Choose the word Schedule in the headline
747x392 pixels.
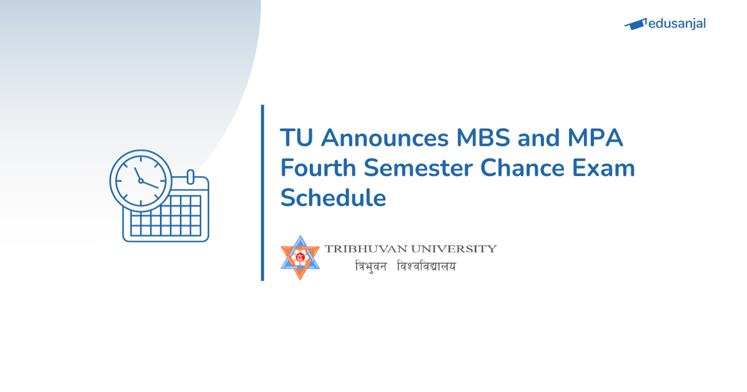[x=333, y=198]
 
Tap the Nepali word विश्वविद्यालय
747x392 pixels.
[x=426, y=267]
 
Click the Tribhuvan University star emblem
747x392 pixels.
[x=300, y=257]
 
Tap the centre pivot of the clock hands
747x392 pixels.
[x=141, y=181]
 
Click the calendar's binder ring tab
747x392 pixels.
[x=190, y=177]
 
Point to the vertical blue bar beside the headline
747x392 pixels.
[x=263, y=193]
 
